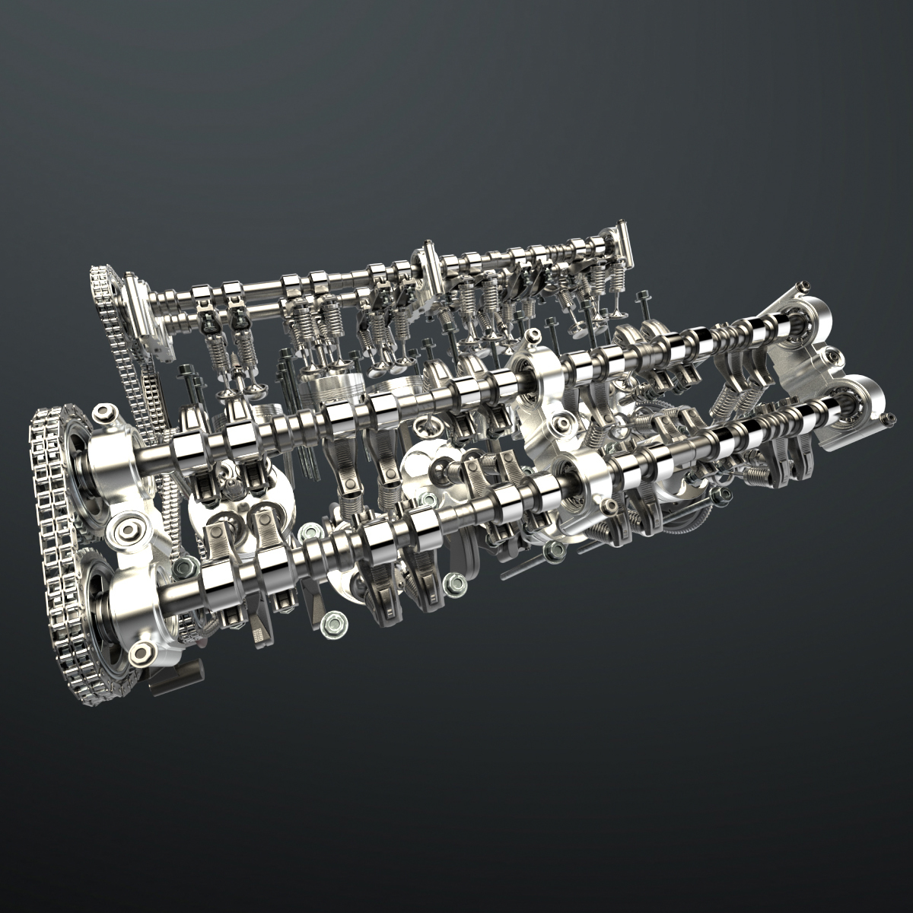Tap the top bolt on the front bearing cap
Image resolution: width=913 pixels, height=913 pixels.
coord(103,412)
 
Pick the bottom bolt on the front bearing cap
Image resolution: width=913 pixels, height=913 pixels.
coord(142,653)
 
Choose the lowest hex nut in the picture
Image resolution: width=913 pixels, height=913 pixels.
coord(332,624)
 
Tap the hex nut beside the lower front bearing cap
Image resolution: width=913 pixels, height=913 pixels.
coord(184,566)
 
